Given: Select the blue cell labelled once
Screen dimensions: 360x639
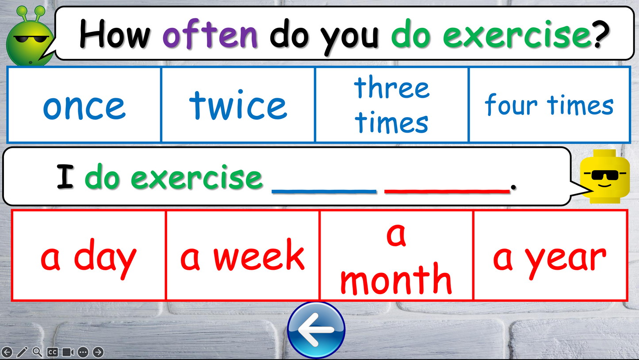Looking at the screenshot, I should tap(84, 105).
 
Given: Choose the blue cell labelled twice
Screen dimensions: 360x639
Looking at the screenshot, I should tap(238, 105).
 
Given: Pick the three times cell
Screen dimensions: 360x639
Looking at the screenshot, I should tap(391, 105).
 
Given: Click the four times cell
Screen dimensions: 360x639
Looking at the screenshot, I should tap(549, 105).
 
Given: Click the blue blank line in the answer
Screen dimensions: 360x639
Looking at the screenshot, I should tap(324, 190).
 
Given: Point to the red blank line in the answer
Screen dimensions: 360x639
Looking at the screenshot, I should tap(447, 190).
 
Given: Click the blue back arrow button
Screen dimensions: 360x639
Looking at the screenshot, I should tap(316, 329).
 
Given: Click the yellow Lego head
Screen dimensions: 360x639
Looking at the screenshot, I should tap(604, 176).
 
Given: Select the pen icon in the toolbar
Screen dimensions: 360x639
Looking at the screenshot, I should tap(22, 352).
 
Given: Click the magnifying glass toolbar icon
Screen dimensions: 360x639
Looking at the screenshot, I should tap(37, 352).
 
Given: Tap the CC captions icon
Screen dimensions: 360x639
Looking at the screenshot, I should tap(52, 352).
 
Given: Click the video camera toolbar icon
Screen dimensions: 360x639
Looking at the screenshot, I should tap(68, 352).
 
